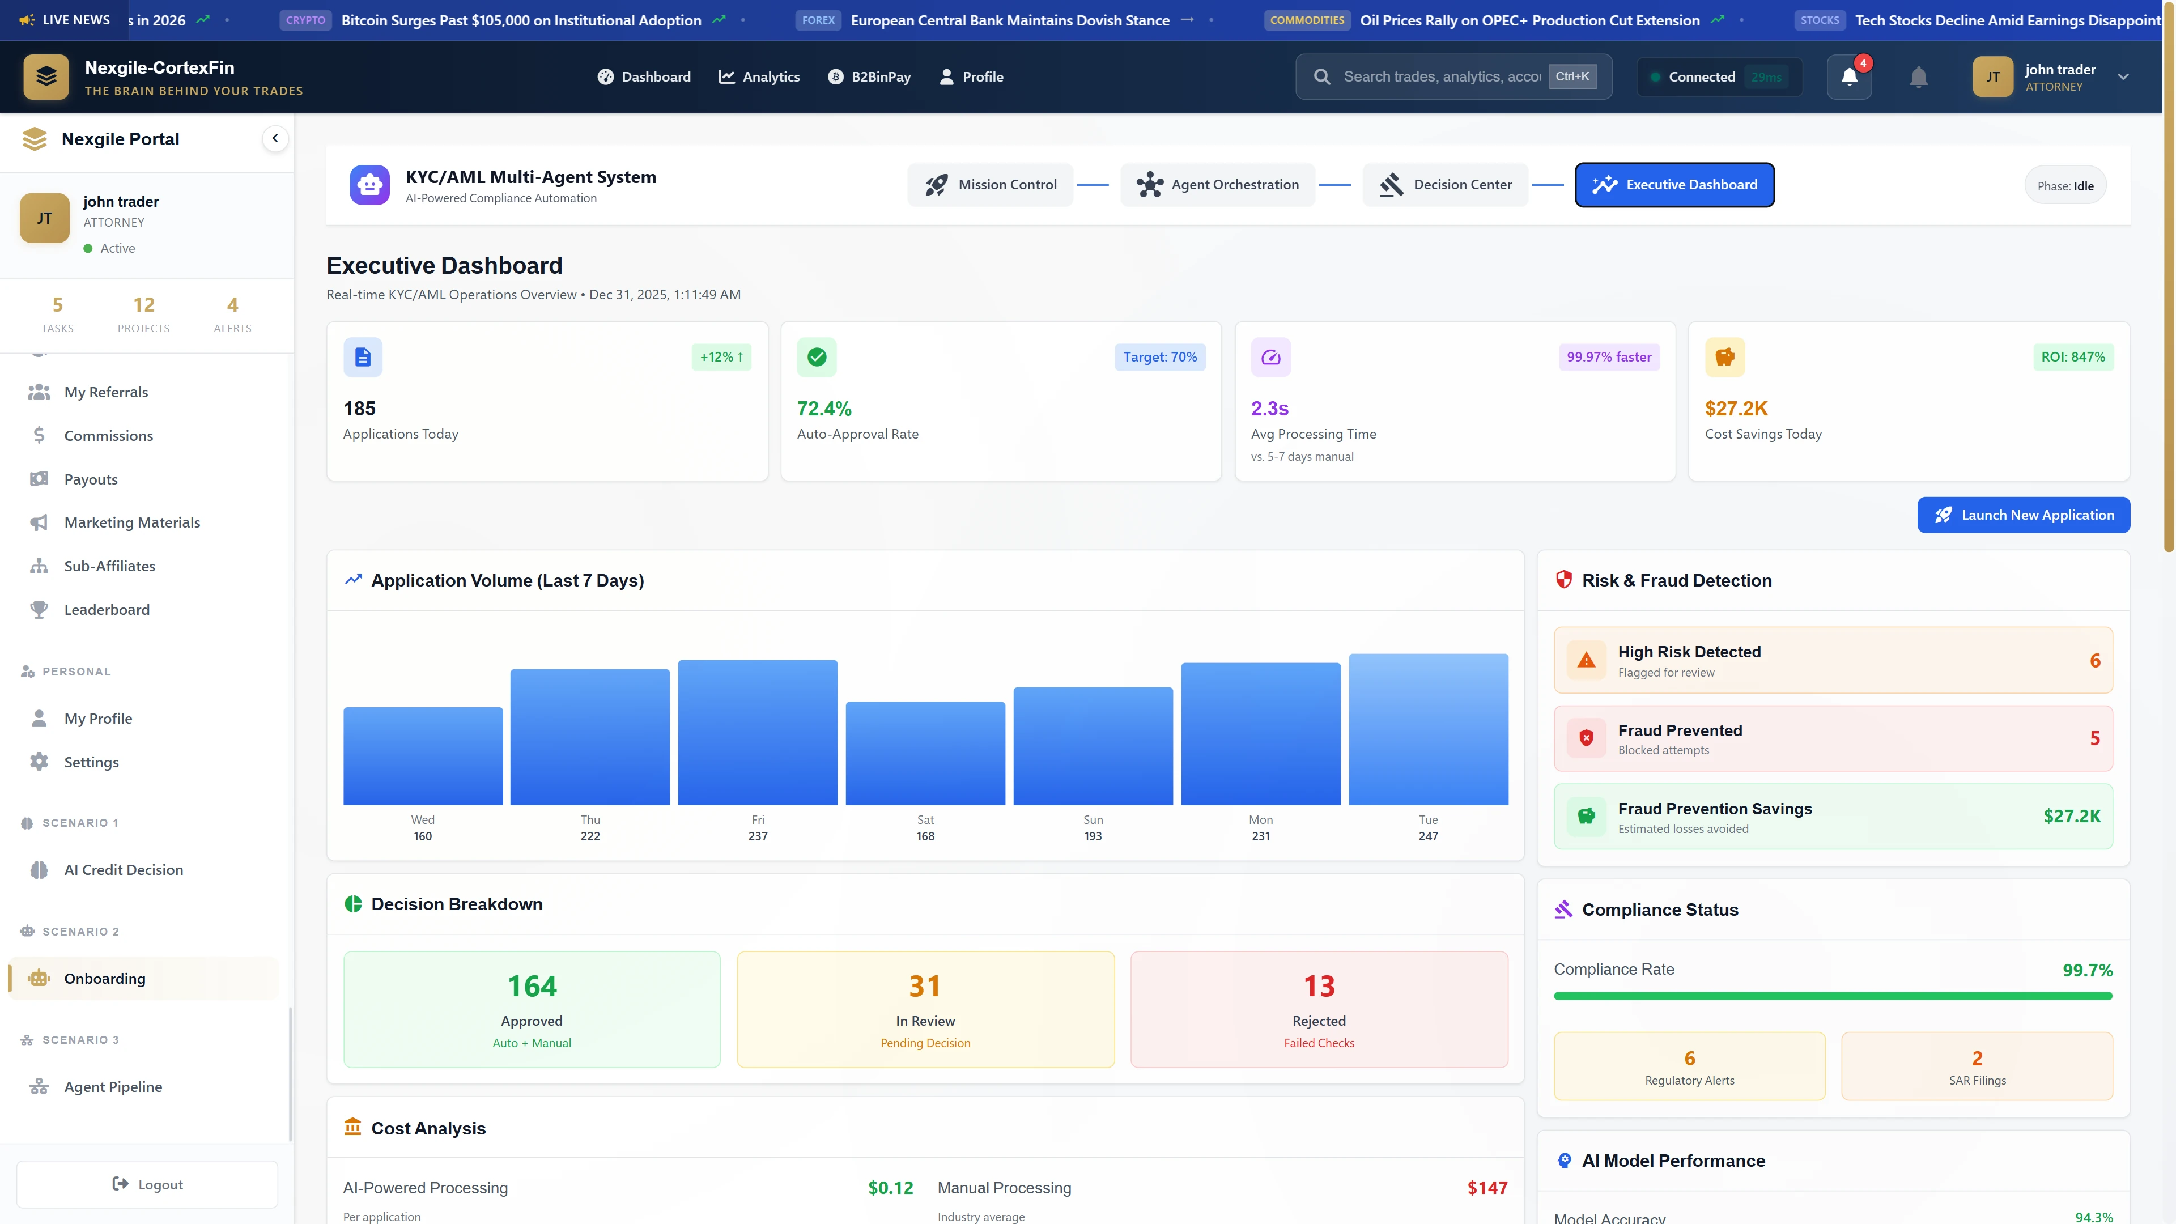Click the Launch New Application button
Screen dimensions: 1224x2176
pyautogui.click(x=2022, y=515)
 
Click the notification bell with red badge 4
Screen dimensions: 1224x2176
pyautogui.click(x=1849, y=77)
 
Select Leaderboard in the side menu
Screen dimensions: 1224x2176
pyautogui.click(x=107, y=609)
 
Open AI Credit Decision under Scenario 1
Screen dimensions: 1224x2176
pyautogui.click(x=124, y=869)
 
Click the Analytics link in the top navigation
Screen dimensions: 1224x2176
pyautogui.click(x=759, y=77)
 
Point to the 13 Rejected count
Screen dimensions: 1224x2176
pyautogui.click(x=1319, y=986)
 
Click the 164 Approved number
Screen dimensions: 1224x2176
pyautogui.click(x=532, y=986)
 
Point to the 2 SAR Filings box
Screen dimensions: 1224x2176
pyautogui.click(x=1977, y=1066)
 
